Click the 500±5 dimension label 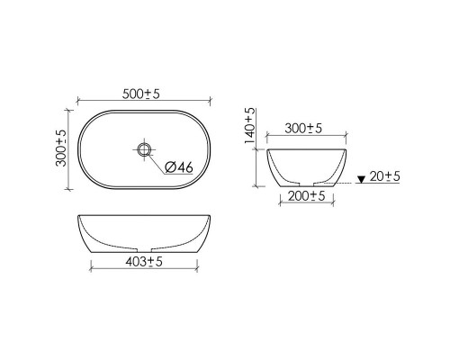tap(141, 94)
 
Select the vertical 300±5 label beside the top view tap(61, 148)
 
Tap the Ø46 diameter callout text tap(179, 167)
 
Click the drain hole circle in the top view tap(143, 149)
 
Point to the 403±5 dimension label tap(144, 262)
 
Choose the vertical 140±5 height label tap(249, 126)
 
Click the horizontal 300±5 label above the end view tap(303, 129)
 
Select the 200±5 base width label tap(307, 196)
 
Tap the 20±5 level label tap(384, 176)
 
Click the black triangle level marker tap(361, 180)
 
